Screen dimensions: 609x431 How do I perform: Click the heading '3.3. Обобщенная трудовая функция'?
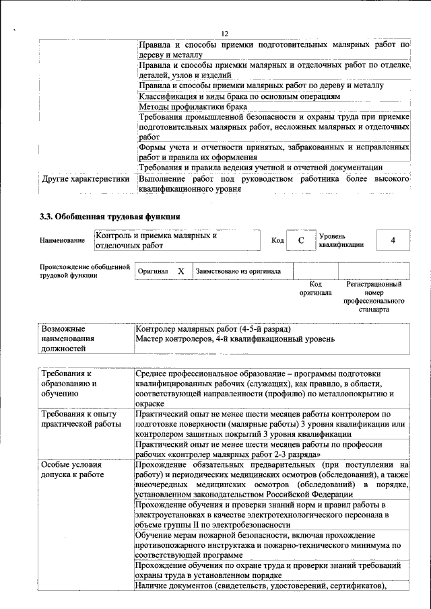(109, 217)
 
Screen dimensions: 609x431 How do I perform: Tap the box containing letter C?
(302, 240)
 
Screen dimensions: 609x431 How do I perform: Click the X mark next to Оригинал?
(180, 271)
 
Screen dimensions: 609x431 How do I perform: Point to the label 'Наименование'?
(62, 241)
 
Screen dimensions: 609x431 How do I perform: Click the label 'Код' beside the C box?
(277, 240)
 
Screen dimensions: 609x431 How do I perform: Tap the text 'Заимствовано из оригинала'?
(238, 271)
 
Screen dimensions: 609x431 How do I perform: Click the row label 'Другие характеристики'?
(85, 180)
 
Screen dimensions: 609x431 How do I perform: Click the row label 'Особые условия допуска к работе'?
(73, 470)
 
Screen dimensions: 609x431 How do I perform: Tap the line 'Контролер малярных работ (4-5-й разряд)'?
(213, 329)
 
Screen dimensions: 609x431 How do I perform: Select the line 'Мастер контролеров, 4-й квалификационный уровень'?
(234, 339)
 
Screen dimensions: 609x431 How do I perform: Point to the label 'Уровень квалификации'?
(341, 240)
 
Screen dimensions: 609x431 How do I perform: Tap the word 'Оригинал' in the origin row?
(152, 271)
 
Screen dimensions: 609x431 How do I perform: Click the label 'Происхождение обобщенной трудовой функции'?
(84, 271)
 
